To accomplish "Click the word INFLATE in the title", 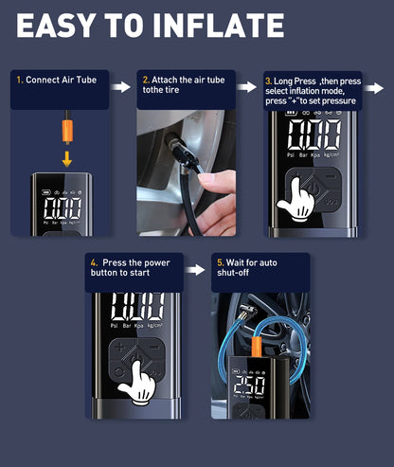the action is tap(218, 26).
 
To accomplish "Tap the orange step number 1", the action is tap(20, 80).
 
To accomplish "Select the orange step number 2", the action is tap(146, 80).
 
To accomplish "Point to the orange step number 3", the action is tap(269, 81).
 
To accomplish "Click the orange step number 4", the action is tap(94, 262).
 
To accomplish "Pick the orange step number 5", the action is tap(221, 262).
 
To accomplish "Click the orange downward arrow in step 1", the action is tap(66, 158).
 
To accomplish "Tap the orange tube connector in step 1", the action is tap(67, 130).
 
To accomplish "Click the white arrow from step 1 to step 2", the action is tap(121, 87).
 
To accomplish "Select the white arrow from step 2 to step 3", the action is tap(247, 87).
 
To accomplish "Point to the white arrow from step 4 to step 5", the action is tap(195, 270).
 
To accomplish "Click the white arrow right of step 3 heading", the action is tap(374, 88).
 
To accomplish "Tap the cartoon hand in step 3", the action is tap(296, 200).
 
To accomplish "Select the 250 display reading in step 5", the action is tap(249, 385).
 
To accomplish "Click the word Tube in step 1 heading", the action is tap(86, 80).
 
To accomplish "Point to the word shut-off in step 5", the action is tap(233, 273).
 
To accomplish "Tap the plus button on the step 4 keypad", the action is tap(119, 348).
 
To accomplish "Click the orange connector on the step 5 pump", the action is tap(257, 347).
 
